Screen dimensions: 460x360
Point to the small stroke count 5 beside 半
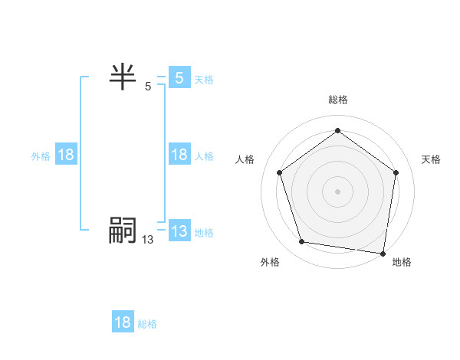[148, 87]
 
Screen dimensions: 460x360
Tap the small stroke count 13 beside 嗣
[147, 240]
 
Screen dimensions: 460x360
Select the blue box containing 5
[179, 77]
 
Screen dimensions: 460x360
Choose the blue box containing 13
[179, 231]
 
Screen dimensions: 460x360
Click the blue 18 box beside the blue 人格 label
[179, 155]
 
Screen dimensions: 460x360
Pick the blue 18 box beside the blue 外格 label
[66, 155]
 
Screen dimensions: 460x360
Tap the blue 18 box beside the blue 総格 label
[123, 322]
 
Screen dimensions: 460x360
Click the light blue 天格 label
[204, 79]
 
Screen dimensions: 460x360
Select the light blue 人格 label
[204, 156]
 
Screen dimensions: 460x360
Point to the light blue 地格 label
[204, 233]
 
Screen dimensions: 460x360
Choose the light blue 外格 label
[41, 156]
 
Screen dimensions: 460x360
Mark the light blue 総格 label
[147, 324]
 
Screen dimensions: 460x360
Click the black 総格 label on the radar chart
[337, 100]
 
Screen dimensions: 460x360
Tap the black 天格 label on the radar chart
[431, 159]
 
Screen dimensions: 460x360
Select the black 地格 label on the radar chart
[402, 262]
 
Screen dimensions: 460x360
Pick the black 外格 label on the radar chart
[270, 262]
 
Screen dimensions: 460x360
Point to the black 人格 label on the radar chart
[245, 159]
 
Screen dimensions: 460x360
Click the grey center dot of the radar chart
[337, 191]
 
